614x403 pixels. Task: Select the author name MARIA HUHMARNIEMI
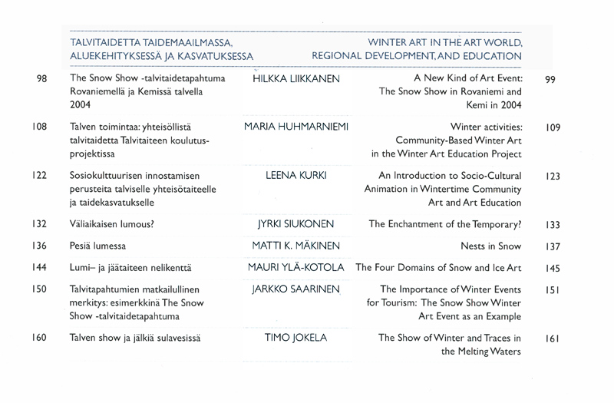point(296,126)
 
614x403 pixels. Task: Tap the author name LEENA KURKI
point(296,176)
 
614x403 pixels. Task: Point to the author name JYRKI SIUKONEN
point(295,225)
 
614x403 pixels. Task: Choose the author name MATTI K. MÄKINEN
point(295,246)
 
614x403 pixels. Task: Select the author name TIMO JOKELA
point(295,337)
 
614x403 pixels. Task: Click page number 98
point(42,79)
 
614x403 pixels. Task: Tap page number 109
point(554,127)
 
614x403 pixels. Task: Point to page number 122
point(41,176)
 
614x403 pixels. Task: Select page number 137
point(553,246)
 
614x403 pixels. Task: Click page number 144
point(41,268)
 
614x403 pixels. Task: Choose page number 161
point(553,338)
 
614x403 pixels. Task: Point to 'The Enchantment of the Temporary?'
point(445,225)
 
